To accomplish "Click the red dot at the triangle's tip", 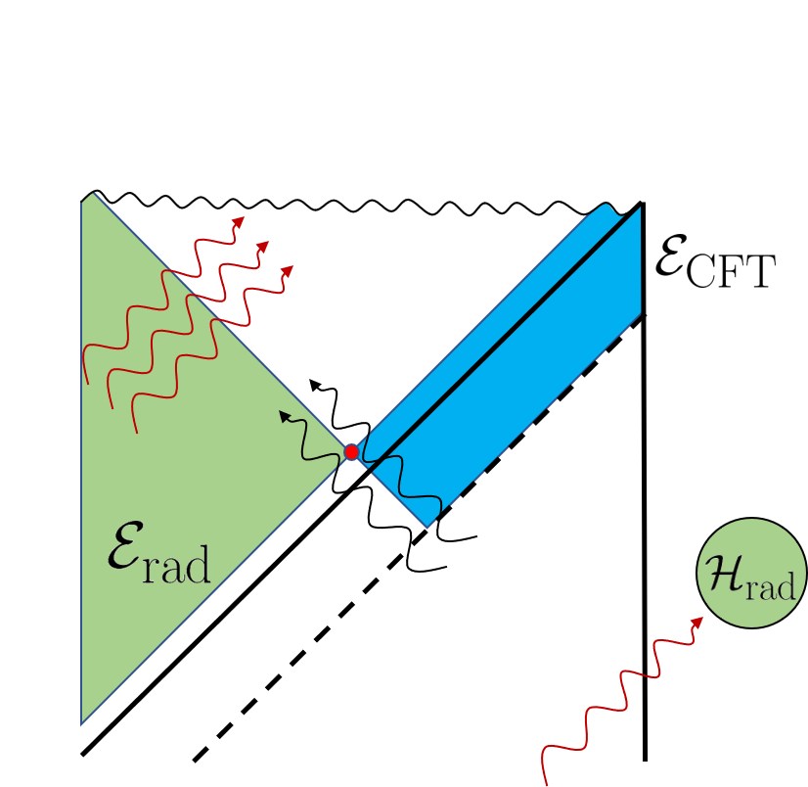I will click(x=351, y=452).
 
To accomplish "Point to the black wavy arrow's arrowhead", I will click(x=285, y=416).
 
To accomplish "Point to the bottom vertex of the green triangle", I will click(x=82, y=723).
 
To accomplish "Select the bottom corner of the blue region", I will click(x=427, y=527).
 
